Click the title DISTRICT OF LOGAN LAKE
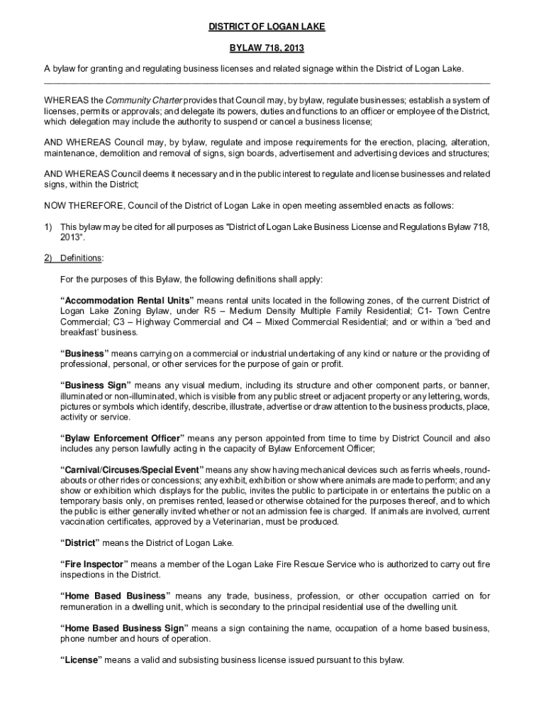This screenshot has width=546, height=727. coord(267,27)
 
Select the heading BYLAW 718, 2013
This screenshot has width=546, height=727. coord(266,48)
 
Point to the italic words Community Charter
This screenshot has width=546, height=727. coord(145,101)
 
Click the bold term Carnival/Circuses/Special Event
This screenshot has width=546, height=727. coord(132,470)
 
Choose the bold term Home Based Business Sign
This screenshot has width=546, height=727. coord(124,628)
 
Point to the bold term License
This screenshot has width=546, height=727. coord(82,660)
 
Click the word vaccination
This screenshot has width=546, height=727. coord(86,522)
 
